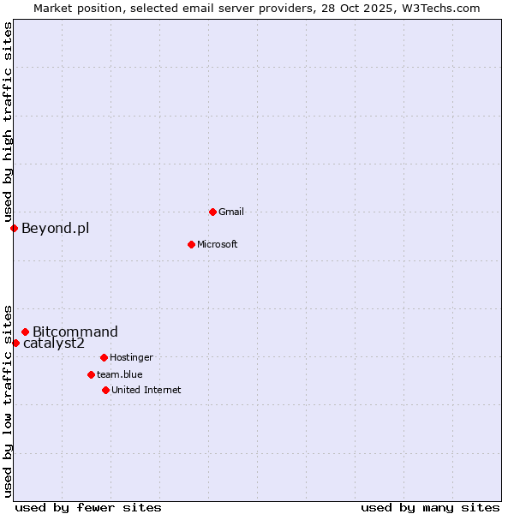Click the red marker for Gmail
[x=212, y=212]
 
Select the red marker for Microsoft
[x=191, y=244]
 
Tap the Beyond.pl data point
[x=14, y=228]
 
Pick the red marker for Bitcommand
[x=25, y=332]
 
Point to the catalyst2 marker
[x=15, y=343]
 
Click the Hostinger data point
[x=104, y=357]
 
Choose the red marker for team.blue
[x=91, y=374]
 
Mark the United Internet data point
[x=105, y=390]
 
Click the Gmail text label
[x=231, y=212]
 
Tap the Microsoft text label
[x=218, y=244]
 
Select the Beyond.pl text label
[x=55, y=228]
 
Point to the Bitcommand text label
[x=75, y=332]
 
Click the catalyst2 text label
[x=54, y=344]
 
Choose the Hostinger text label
[x=131, y=357]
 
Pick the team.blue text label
[x=120, y=374]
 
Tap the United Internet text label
[x=146, y=390]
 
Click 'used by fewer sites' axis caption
[x=88, y=507]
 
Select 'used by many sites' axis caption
[x=430, y=507]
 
